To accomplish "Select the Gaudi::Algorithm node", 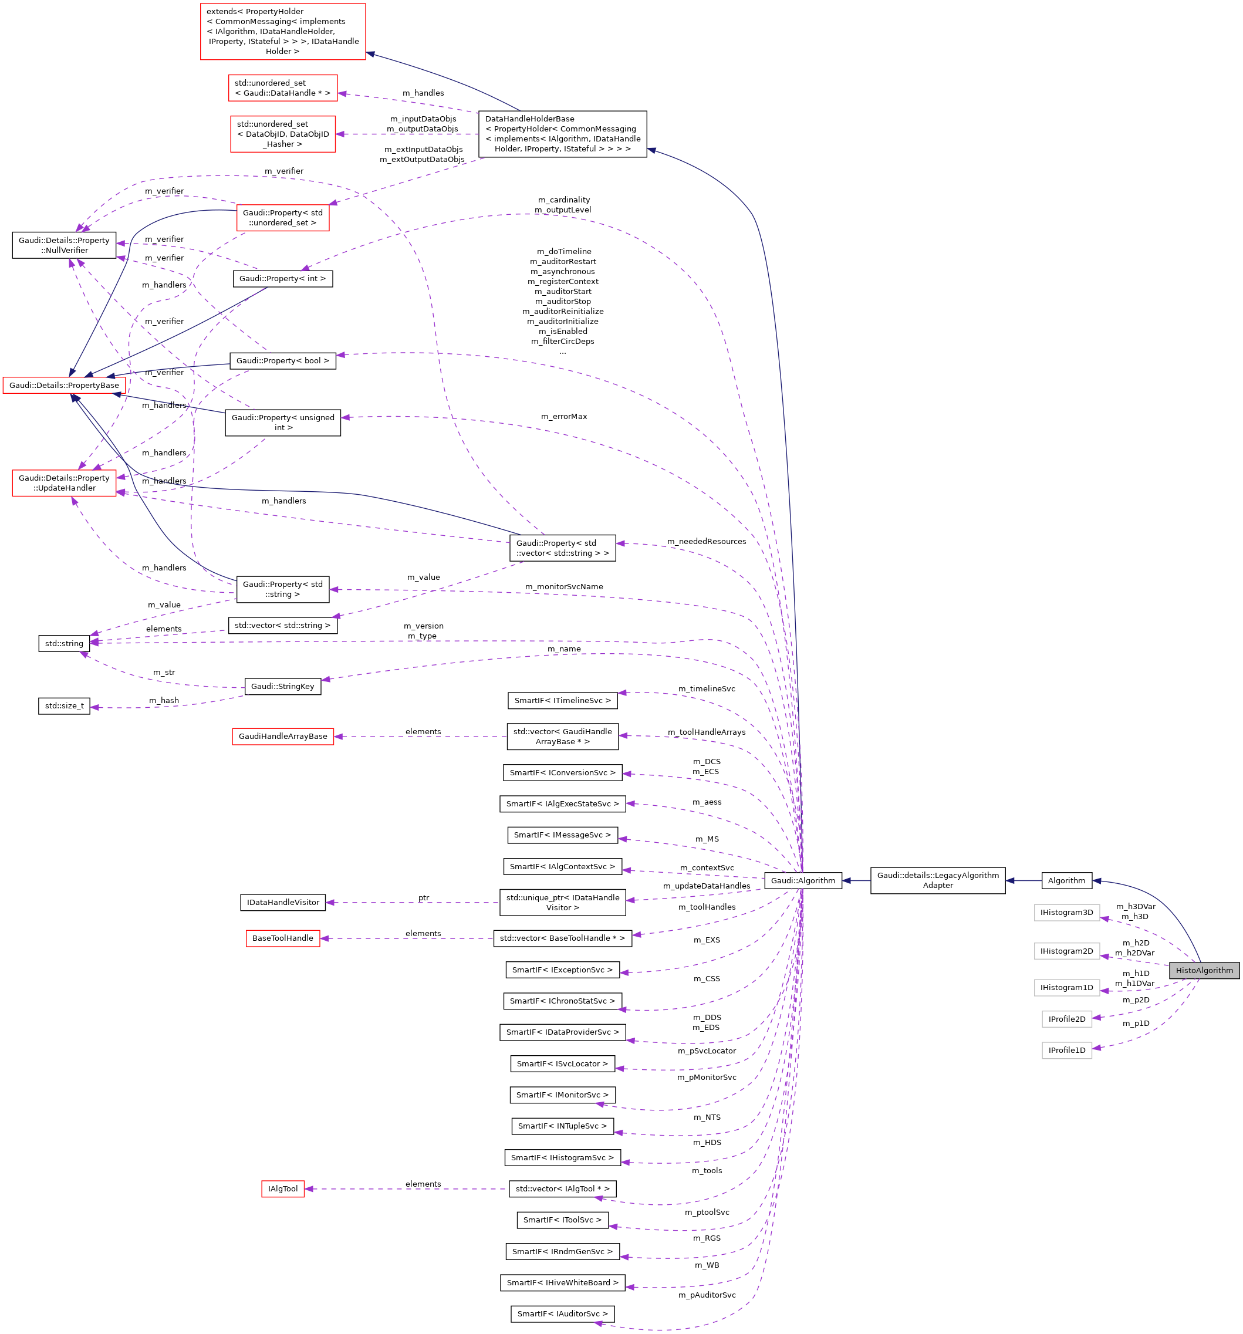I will pos(802,880).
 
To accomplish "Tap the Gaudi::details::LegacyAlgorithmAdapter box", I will pos(937,880).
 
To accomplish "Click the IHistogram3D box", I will pos(1066,912).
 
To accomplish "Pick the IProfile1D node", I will pos(1066,1049).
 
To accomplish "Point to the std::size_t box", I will pos(64,705).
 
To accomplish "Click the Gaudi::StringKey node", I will pos(282,686).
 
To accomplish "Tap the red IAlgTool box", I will pos(282,1188).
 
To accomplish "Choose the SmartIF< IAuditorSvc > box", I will pos(562,1313).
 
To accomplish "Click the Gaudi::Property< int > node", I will pos(282,278).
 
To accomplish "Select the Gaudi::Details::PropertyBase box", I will pos(64,384).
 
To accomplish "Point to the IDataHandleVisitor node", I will pos(282,902).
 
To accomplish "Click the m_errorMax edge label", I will pos(563,416).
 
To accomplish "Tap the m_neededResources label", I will pos(705,541).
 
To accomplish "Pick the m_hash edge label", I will pos(164,700).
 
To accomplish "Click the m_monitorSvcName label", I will pos(563,586).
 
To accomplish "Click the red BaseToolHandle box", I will pos(282,937).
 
